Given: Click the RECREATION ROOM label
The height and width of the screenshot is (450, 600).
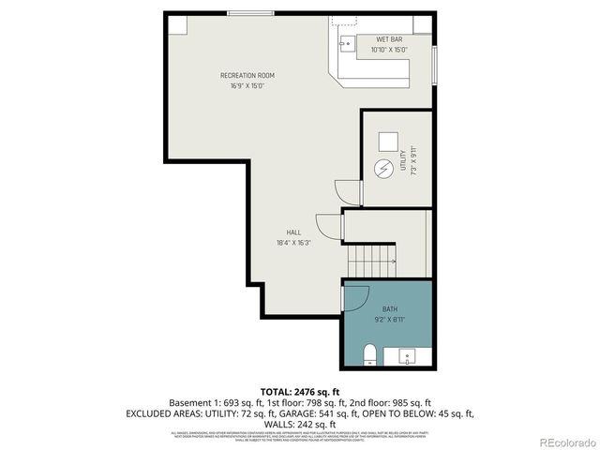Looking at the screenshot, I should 247,75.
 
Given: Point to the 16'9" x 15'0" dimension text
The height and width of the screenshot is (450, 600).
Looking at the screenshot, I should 247,85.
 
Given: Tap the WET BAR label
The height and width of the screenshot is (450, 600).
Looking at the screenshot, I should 389,39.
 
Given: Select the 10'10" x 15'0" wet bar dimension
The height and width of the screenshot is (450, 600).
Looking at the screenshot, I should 389,49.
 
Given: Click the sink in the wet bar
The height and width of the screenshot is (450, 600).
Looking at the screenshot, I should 345,42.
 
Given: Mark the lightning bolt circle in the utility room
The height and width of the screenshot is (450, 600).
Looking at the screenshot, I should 383,171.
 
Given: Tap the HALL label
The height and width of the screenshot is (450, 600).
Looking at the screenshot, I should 293,232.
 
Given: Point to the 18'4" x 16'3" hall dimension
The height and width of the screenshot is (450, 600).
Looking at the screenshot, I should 293,242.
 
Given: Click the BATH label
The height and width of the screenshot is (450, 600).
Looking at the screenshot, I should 389,308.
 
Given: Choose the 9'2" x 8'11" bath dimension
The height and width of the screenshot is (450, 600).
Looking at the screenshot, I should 389,319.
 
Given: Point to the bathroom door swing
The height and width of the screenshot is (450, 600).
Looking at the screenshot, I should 354,298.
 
